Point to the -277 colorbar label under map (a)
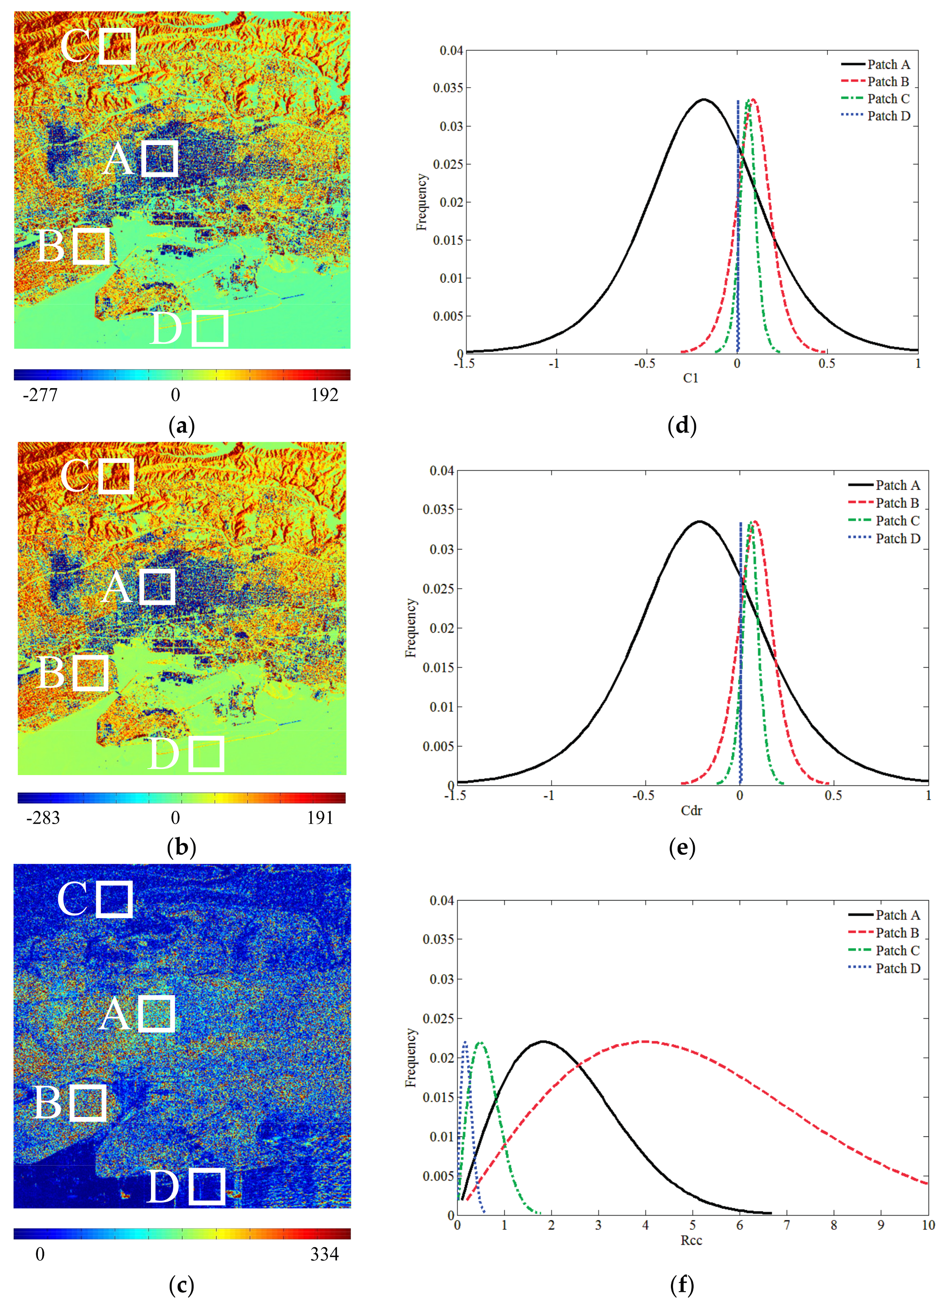40,395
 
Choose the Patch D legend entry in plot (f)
897,968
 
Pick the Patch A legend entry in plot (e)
897,485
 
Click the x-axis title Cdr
691,811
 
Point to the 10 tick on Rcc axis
927,1225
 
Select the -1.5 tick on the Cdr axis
456,795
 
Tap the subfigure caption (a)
181,426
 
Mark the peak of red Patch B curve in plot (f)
645,1041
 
